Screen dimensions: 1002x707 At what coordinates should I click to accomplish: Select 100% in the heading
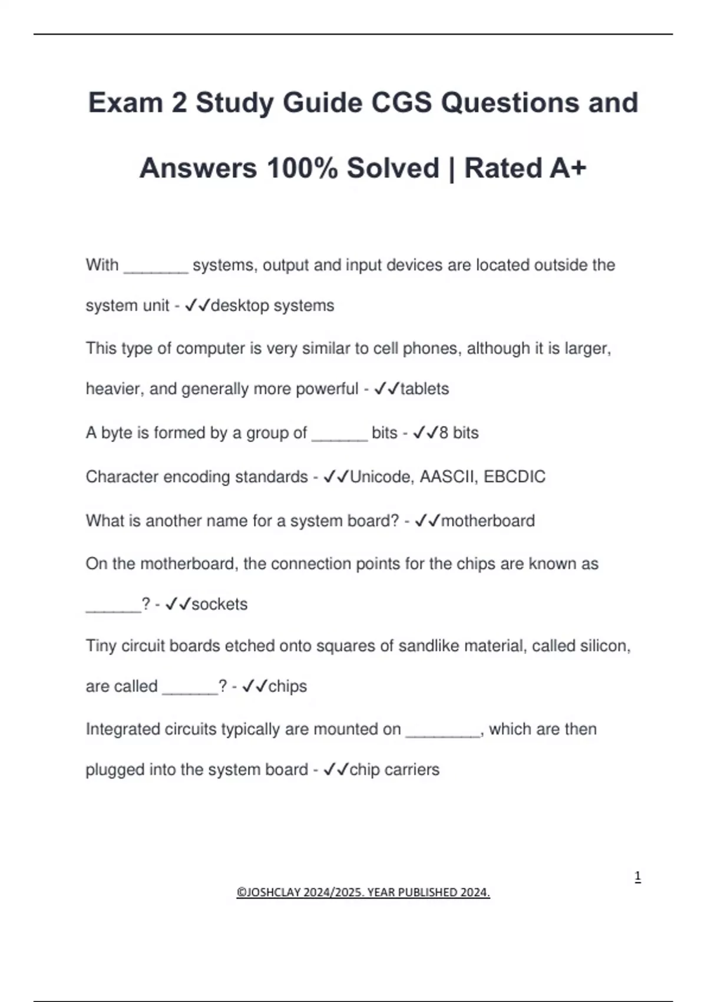(302, 168)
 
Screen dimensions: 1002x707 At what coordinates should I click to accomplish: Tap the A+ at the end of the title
(568, 168)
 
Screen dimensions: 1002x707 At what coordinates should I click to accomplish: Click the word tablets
(424, 389)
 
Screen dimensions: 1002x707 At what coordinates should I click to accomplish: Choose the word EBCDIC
(514, 477)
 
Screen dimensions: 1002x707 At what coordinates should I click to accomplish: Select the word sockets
(219, 604)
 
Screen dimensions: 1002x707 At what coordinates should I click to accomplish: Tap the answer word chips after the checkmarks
(288, 687)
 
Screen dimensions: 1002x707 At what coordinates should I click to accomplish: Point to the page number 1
(637, 877)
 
